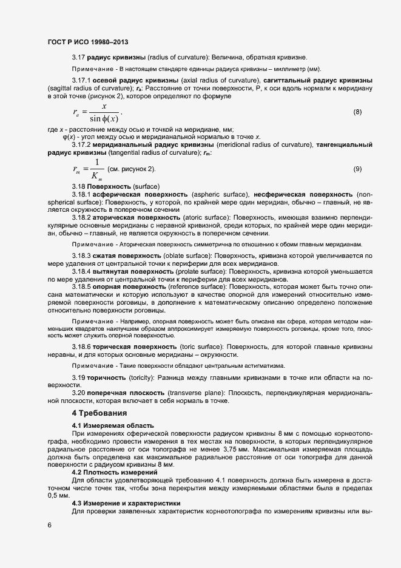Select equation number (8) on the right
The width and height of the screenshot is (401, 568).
[x=357, y=112]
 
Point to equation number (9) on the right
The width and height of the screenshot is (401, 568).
[x=357, y=168]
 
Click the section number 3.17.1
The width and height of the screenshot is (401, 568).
[x=82, y=80]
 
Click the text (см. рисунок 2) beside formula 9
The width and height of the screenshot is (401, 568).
[x=132, y=168]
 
